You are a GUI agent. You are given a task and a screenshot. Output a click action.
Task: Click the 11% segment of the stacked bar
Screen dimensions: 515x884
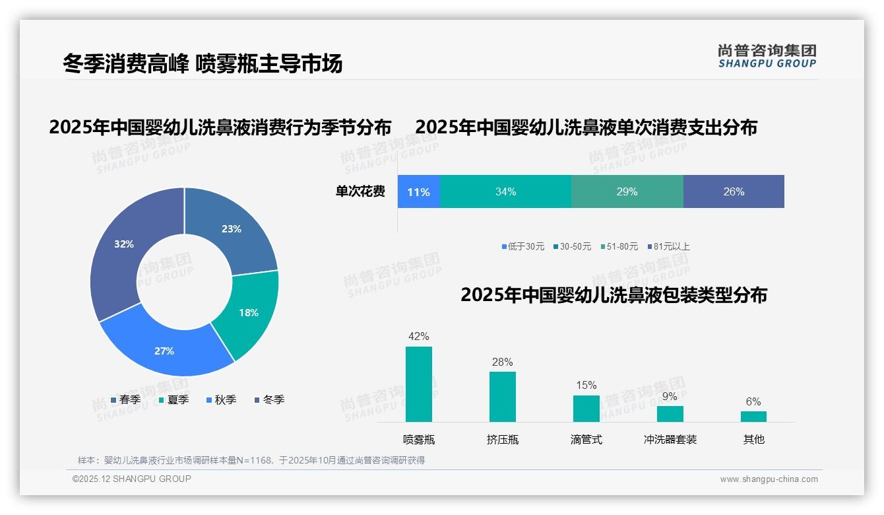click(418, 192)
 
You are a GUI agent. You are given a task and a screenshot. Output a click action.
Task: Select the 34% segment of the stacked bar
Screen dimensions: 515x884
click(505, 192)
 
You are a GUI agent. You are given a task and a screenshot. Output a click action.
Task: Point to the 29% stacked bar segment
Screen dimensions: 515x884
click(627, 192)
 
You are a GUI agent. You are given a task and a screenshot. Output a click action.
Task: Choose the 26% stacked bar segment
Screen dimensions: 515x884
click(734, 192)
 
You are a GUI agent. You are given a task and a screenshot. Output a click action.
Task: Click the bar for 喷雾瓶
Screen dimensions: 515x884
click(419, 384)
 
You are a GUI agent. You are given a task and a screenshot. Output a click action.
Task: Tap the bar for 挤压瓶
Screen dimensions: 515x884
click(503, 397)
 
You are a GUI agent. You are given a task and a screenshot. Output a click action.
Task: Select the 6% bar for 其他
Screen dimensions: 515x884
click(753, 417)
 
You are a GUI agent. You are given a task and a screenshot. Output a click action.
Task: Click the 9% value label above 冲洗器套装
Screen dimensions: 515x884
click(670, 397)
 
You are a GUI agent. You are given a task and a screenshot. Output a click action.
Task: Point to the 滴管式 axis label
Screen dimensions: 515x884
click(586, 440)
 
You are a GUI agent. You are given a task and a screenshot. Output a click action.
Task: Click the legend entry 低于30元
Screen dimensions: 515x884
click(523, 246)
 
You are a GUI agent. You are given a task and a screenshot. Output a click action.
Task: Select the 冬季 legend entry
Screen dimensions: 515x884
click(269, 399)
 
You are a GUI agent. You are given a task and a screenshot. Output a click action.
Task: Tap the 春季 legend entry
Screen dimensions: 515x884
click(125, 399)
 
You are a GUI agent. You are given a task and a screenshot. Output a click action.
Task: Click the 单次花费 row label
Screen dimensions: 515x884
click(360, 192)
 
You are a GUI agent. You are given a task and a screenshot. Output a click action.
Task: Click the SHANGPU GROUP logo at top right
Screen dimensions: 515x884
click(767, 56)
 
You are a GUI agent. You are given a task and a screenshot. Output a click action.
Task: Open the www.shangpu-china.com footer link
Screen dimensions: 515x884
click(769, 479)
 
